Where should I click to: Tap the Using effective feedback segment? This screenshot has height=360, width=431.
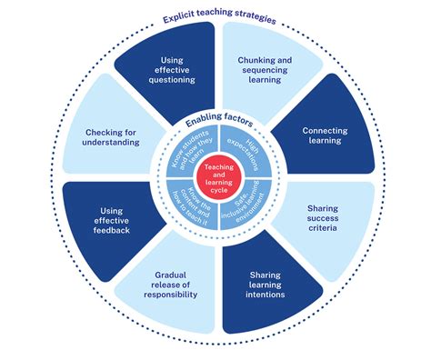(x=113, y=219)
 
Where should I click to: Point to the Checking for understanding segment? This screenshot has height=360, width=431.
(x=113, y=136)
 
